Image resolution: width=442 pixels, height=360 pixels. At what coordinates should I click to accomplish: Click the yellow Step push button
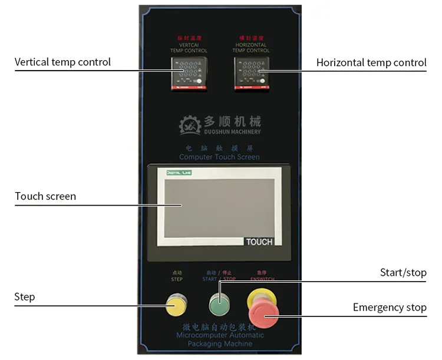(x=176, y=305)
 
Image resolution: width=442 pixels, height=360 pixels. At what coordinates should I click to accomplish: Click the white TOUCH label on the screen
(x=259, y=242)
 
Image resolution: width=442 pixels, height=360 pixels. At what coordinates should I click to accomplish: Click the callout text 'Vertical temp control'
(x=62, y=62)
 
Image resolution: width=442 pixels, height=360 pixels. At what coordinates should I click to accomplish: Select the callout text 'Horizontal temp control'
(x=371, y=62)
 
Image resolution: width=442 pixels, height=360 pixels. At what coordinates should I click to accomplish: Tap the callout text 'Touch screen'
(x=45, y=196)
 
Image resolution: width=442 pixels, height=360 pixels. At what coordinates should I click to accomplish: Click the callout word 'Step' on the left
(x=25, y=297)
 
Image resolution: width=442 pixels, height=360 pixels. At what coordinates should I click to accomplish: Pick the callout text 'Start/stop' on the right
(x=403, y=272)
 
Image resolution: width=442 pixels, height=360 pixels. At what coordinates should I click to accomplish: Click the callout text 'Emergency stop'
(x=390, y=307)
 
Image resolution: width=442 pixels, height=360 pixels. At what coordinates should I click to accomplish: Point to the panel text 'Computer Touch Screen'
(x=219, y=157)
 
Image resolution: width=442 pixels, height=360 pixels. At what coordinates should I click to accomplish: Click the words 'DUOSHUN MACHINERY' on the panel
(x=232, y=131)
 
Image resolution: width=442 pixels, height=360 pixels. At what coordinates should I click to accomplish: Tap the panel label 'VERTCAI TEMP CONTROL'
(x=189, y=48)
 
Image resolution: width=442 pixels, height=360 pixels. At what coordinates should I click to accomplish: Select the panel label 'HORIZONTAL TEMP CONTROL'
(x=250, y=48)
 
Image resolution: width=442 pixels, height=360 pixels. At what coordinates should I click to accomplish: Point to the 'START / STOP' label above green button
(x=219, y=279)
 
